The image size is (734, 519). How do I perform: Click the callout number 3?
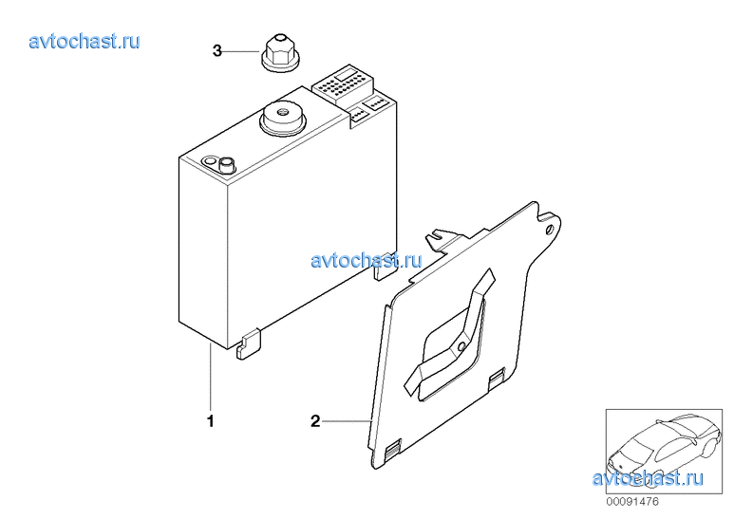216,50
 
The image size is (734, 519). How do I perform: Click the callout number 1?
211,421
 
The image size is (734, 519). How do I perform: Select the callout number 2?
315,421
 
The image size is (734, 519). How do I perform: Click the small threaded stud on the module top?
228,163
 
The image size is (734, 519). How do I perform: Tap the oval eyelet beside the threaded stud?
209,162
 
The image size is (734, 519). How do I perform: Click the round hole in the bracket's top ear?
550,230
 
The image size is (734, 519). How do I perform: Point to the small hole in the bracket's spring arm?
461,346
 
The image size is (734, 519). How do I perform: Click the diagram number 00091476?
632,502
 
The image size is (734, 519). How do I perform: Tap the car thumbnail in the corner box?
665,452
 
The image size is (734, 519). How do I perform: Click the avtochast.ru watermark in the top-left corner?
85,41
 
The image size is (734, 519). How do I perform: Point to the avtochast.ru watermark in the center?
367,260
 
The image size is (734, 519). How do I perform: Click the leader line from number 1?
211,378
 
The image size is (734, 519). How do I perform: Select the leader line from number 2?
347,421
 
